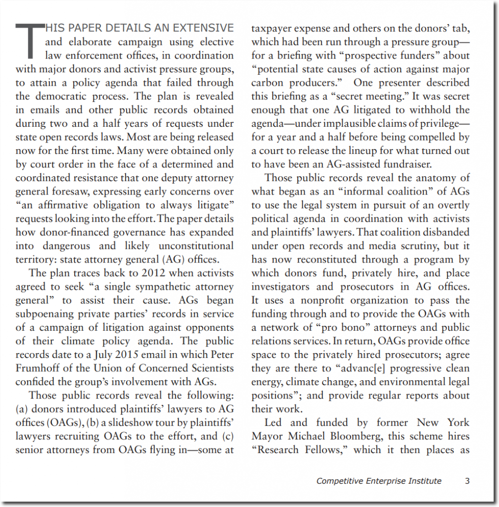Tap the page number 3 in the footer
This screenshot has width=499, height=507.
pyautogui.click(x=467, y=480)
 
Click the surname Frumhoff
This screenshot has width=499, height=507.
pyautogui.click(x=39, y=368)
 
